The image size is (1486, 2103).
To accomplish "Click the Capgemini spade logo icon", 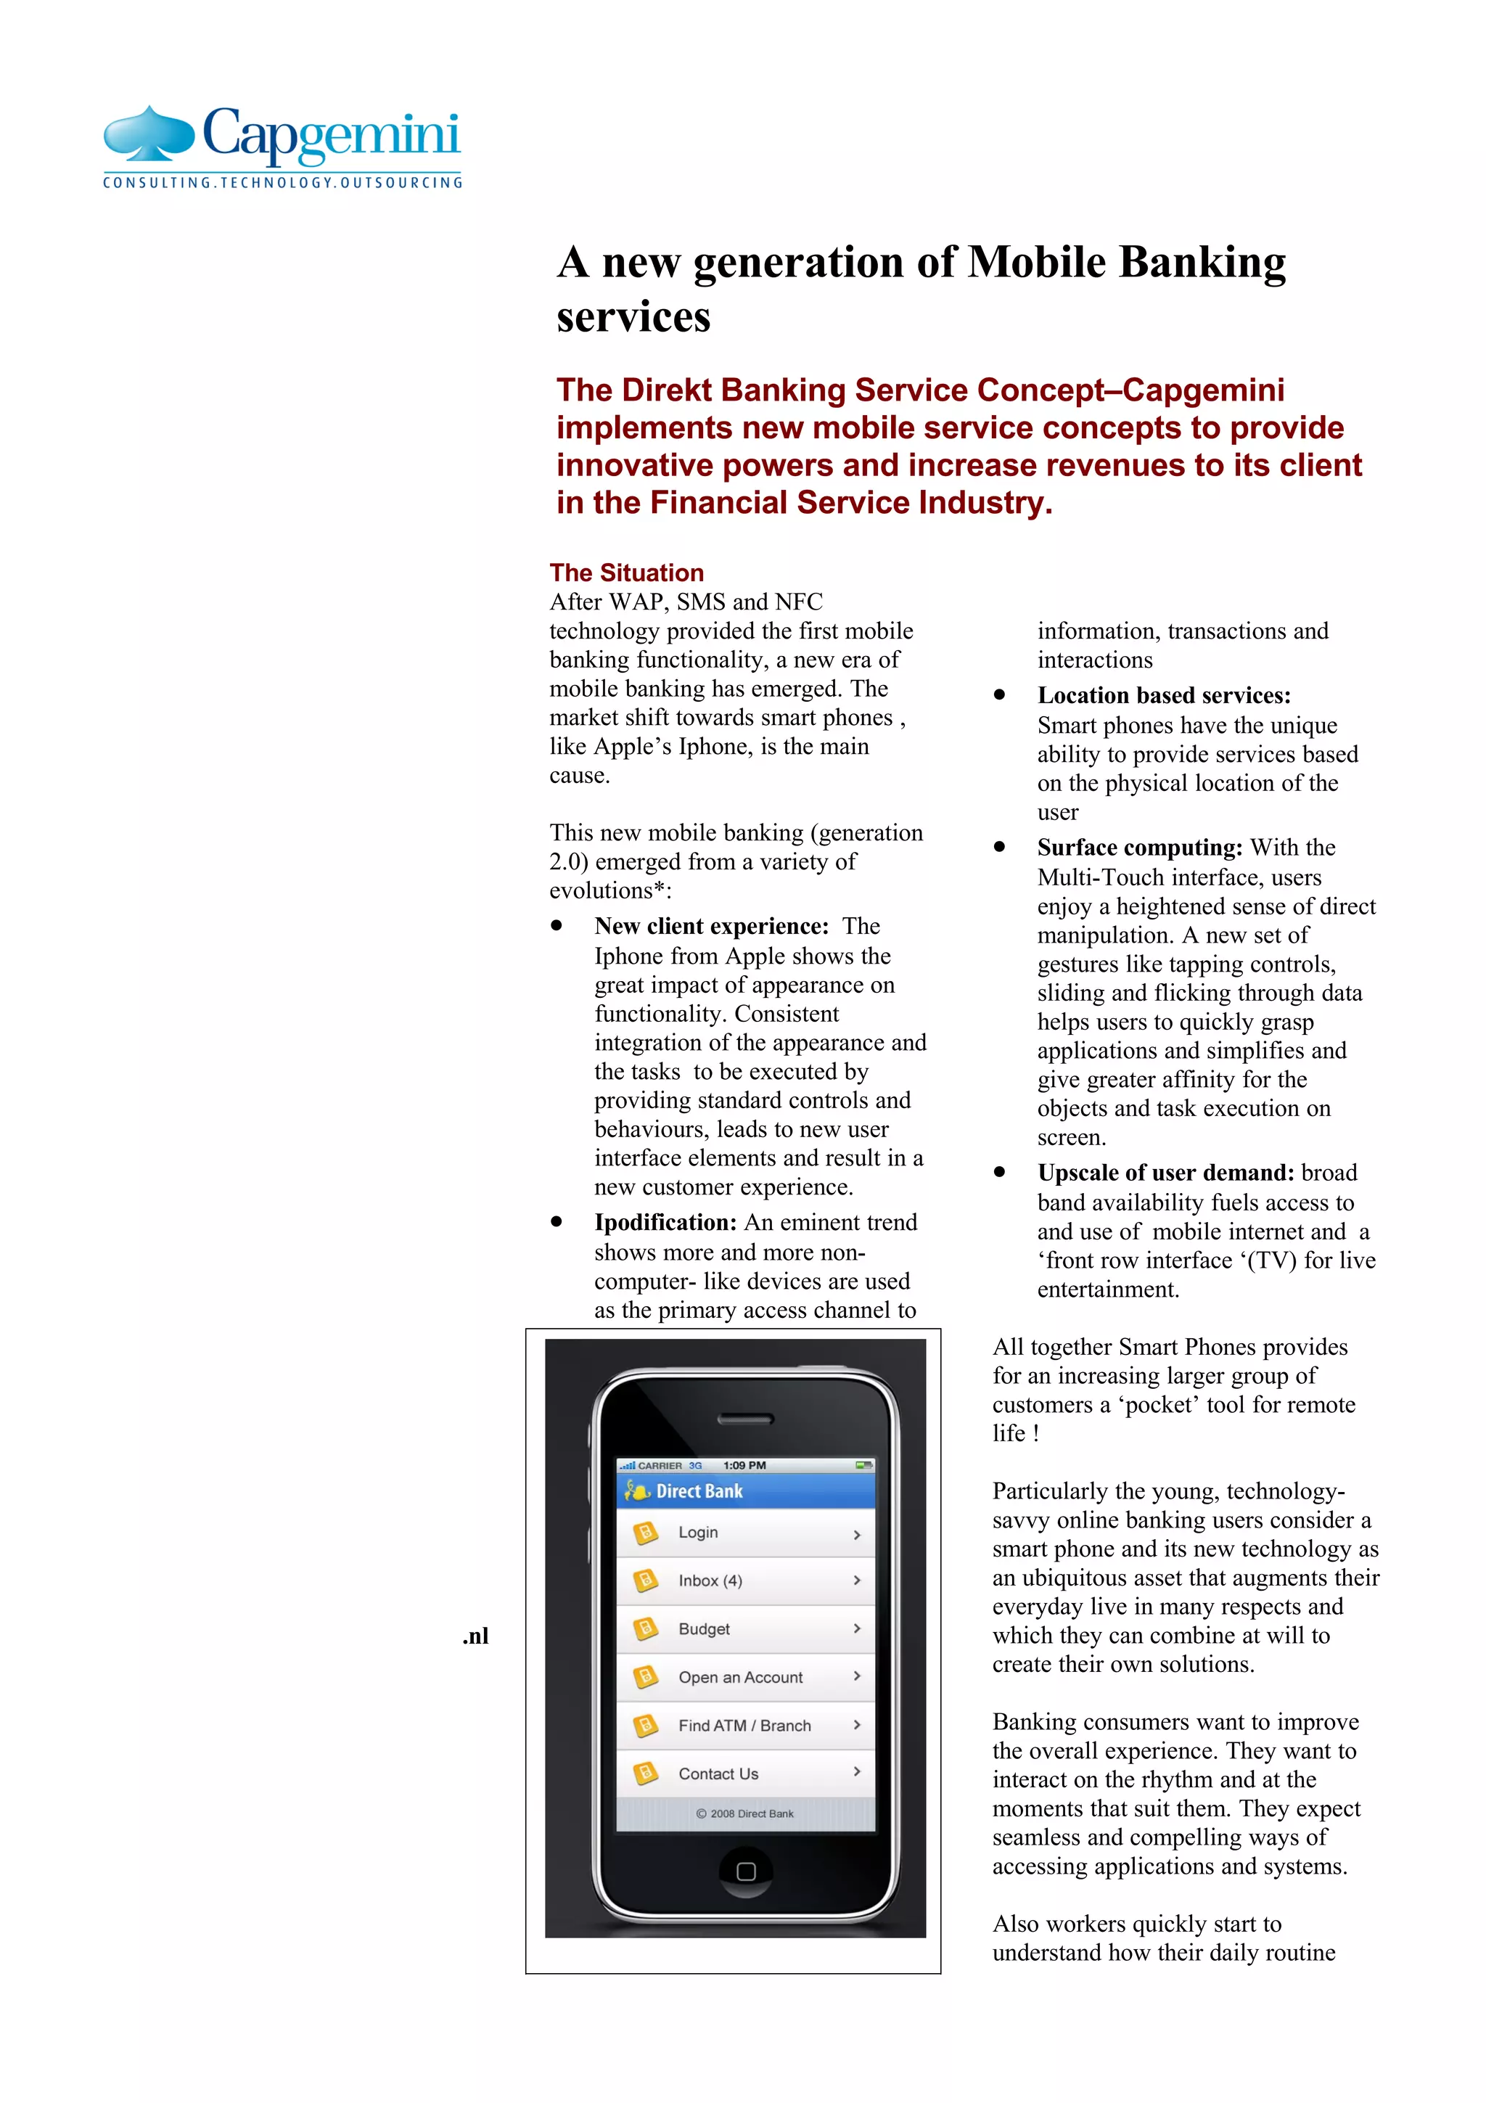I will [148, 134].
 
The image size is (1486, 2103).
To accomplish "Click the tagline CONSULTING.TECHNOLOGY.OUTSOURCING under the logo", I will [282, 183].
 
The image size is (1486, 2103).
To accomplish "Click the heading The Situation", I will [626, 573].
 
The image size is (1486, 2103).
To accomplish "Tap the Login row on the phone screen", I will [744, 1533].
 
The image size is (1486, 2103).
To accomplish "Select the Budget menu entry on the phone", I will [744, 1628].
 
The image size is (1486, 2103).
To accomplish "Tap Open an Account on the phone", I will [744, 1677].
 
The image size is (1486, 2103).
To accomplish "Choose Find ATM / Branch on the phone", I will [744, 1726].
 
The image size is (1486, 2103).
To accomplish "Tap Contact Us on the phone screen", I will [744, 1774].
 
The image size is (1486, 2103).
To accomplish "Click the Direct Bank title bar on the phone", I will [744, 1491].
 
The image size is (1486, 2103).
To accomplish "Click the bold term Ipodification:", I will [665, 1223].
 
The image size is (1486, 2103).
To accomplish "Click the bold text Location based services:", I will [1164, 695].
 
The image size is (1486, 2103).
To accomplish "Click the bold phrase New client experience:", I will [710, 926].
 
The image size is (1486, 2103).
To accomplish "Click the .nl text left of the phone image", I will [475, 1636].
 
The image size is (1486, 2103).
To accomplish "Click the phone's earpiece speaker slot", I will [744, 1419].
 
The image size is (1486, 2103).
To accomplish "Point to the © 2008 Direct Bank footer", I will [744, 1813].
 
